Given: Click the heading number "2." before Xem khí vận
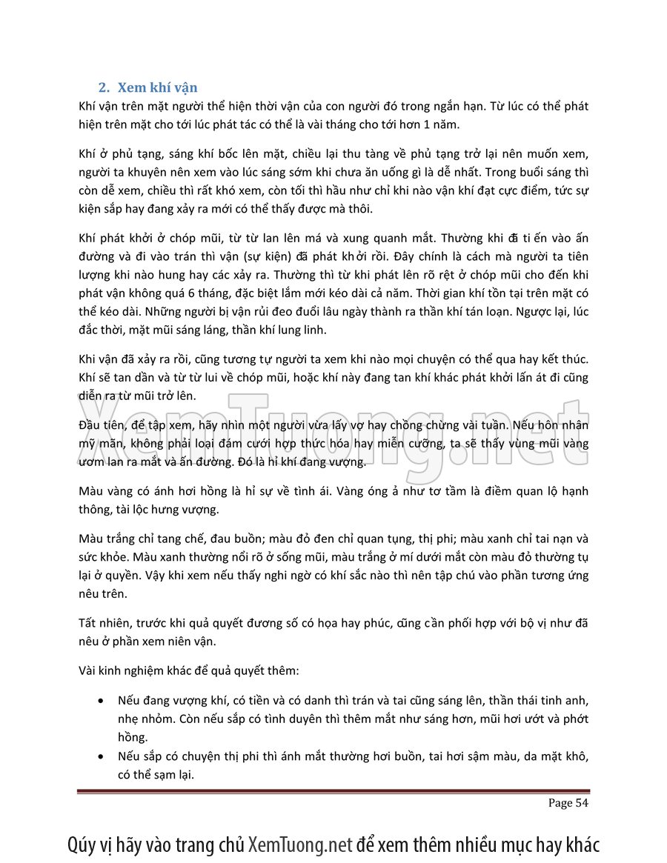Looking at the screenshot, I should (x=105, y=88).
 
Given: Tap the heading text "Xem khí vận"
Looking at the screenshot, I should (x=157, y=88).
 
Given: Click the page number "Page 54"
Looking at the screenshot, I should (x=568, y=803).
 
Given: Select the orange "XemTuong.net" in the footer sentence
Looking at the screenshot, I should (x=300, y=844).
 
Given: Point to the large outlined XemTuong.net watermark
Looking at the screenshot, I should (x=333, y=437).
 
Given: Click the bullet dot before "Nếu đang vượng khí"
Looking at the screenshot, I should (x=101, y=700).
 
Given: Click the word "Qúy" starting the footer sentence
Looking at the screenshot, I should (x=80, y=844).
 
